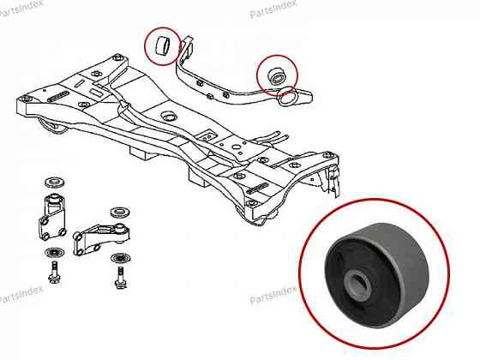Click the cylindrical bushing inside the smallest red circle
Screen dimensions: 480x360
click(x=163, y=46)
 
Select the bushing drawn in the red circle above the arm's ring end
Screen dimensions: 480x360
click(x=276, y=76)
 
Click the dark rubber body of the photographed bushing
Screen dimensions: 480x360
click(x=376, y=276)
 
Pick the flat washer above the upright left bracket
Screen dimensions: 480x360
click(x=55, y=183)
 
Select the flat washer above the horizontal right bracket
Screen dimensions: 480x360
click(x=120, y=213)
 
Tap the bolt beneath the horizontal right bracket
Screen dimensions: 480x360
click(x=120, y=277)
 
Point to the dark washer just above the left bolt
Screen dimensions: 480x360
click(x=55, y=253)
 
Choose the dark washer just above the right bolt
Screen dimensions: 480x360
click(x=121, y=258)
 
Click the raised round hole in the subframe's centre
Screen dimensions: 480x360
click(x=168, y=116)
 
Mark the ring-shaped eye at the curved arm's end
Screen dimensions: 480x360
click(x=287, y=99)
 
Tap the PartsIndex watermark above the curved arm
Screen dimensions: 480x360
click(x=273, y=9)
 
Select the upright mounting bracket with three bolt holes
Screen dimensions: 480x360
click(x=52, y=218)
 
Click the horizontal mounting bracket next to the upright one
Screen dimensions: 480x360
click(x=101, y=239)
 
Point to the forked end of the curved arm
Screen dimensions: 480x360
click(x=186, y=46)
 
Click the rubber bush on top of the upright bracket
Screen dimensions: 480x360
click(x=55, y=200)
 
